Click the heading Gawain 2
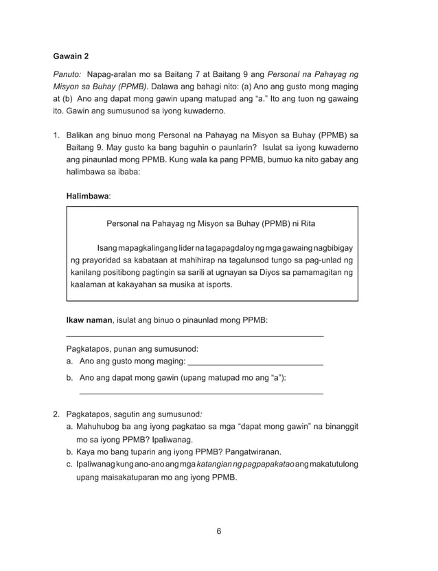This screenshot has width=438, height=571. (x=71, y=55)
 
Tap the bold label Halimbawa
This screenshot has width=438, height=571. (x=87, y=197)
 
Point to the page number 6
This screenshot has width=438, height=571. (x=218, y=530)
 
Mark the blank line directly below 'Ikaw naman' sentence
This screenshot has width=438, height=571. (x=194, y=335)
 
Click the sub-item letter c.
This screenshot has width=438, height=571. (x=69, y=465)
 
